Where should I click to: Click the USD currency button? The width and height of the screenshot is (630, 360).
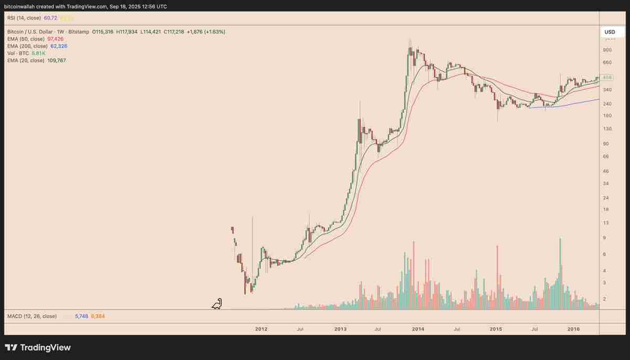pyautogui.click(x=610, y=32)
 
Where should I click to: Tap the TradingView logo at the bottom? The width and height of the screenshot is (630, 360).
pyautogui.click(x=38, y=347)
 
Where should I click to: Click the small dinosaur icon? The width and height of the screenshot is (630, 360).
pyautogui.click(x=217, y=304)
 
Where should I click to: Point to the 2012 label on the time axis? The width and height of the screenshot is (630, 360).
pyautogui.click(x=261, y=329)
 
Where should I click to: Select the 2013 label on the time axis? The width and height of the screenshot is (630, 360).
pyautogui.click(x=340, y=329)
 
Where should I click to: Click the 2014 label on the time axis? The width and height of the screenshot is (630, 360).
pyautogui.click(x=418, y=329)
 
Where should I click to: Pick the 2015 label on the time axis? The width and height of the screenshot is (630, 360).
pyautogui.click(x=496, y=329)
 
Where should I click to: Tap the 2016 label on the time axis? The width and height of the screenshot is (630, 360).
pyautogui.click(x=574, y=329)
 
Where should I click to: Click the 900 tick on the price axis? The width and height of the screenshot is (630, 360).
pyautogui.click(x=607, y=50)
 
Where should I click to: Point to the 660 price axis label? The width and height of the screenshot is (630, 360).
pyautogui.click(x=607, y=63)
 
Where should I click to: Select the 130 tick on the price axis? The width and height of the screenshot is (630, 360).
pyautogui.click(x=607, y=129)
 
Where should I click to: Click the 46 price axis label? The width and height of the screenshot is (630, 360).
pyautogui.click(x=606, y=171)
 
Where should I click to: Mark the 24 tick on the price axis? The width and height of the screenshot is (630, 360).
pyautogui.click(x=606, y=198)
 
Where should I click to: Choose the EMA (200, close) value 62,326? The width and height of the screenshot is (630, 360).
pyautogui.click(x=59, y=46)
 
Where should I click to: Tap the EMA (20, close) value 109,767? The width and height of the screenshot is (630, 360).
pyautogui.click(x=56, y=60)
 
